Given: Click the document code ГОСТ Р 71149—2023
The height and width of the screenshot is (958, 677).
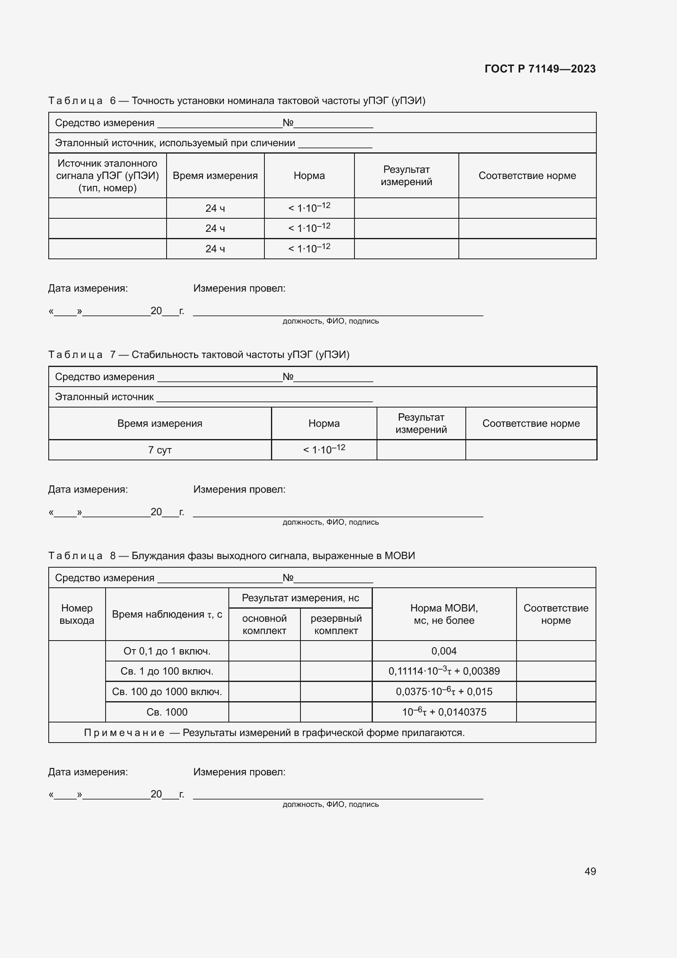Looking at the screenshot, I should coord(540,69).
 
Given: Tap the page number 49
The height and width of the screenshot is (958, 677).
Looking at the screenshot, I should coord(590,871).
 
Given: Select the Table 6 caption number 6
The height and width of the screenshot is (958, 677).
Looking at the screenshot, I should coord(113,101).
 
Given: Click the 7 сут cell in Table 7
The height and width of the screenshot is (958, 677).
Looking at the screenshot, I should coord(160,450).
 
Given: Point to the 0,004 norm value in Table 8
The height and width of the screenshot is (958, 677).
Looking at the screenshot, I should coord(444,651).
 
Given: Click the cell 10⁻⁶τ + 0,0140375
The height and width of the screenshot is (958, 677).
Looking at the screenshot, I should coord(444,712).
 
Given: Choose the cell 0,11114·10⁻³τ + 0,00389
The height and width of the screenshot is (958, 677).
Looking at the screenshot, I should coord(444,671).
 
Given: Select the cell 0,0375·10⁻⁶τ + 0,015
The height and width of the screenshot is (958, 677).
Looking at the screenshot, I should coord(444,691).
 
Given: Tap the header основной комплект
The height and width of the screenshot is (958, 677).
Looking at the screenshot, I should coord(264,624).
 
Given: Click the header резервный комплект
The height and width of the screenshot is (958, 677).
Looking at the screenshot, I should coord(336,624).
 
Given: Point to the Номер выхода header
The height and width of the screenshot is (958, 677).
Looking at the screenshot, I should coord(77,614).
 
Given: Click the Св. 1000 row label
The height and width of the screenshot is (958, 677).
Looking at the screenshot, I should coord(167,712).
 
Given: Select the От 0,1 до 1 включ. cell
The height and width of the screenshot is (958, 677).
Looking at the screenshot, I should coord(167,651).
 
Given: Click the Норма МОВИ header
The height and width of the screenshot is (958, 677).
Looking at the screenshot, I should coord(444,614).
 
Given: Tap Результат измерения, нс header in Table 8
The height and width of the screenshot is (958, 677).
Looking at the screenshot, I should coord(300,598).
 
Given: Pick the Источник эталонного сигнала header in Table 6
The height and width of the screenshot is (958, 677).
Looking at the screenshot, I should coord(108,175).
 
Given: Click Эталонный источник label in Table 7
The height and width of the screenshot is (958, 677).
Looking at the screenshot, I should coord(104,397).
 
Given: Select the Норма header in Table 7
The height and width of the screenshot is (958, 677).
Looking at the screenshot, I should coord(324,423).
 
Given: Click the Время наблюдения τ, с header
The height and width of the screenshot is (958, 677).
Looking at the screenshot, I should coord(167,614).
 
